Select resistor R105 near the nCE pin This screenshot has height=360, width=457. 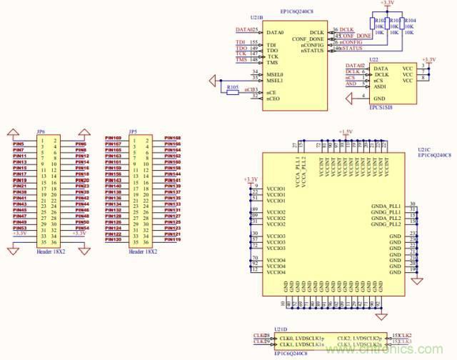[232, 88]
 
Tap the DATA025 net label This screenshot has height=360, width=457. [246, 30]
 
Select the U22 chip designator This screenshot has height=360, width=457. [374, 61]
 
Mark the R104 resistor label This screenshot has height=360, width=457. [411, 21]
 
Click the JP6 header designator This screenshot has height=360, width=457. [41, 131]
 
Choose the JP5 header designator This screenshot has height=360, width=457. [133, 131]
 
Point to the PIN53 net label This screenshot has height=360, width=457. [20, 229]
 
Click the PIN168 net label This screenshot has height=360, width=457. [173, 138]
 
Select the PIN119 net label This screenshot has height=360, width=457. [173, 240]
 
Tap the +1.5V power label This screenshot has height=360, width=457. [346, 131]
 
